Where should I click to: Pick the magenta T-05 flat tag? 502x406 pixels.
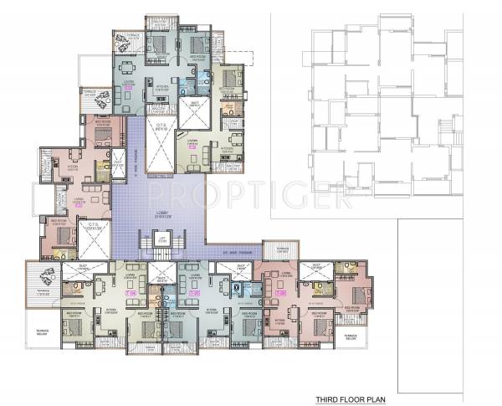point(197,294)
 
